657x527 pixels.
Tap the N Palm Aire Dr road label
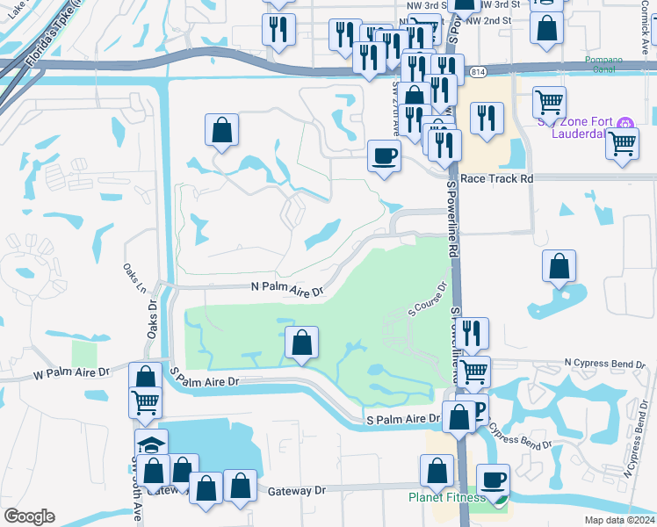(x=288, y=288)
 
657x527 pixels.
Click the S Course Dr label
(x=428, y=299)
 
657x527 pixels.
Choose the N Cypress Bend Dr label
(x=606, y=362)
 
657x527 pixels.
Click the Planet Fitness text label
(x=446, y=498)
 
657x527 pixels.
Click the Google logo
(x=29, y=516)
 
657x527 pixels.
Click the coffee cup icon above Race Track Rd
(x=384, y=156)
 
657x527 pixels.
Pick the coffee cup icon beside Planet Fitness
(x=494, y=480)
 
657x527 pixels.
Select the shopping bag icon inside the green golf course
(x=301, y=343)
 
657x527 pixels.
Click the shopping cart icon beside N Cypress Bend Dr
(x=474, y=372)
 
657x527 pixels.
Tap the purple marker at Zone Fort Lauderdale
(x=625, y=125)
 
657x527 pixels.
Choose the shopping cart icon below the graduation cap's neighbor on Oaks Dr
(x=146, y=403)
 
